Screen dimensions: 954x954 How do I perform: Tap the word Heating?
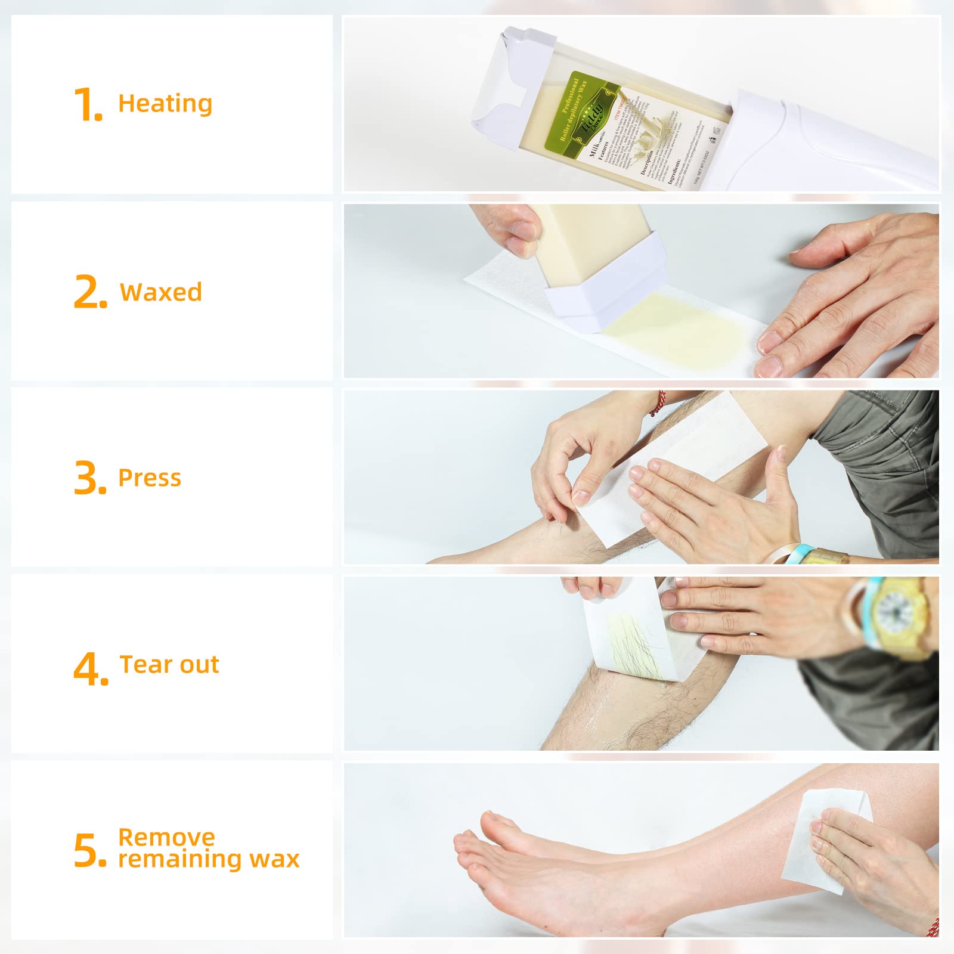coord(165,104)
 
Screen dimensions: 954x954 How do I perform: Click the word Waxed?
coord(161,292)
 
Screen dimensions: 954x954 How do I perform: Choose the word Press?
coord(150,478)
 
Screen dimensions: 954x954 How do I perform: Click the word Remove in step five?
coord(166,837)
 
